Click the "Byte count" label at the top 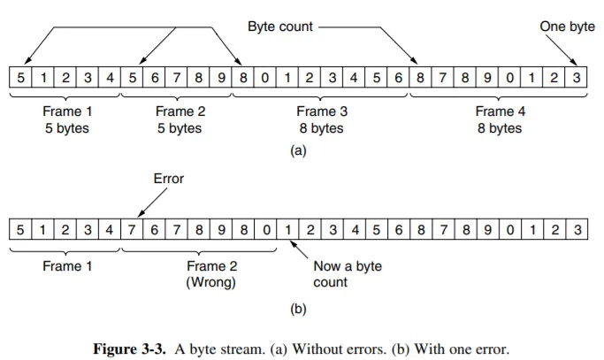point(280,27)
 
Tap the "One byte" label point(567,27)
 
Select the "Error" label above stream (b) point(168,179)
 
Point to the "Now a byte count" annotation point(348,274)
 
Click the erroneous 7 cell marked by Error point(132,230)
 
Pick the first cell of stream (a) point(20,79)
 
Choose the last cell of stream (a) point(576,79)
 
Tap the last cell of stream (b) point(576,230)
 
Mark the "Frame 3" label point(317,112)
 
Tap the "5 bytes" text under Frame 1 point(66,129)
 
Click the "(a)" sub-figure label point(298,151)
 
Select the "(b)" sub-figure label point(298,310)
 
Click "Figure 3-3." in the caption point(133,349)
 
